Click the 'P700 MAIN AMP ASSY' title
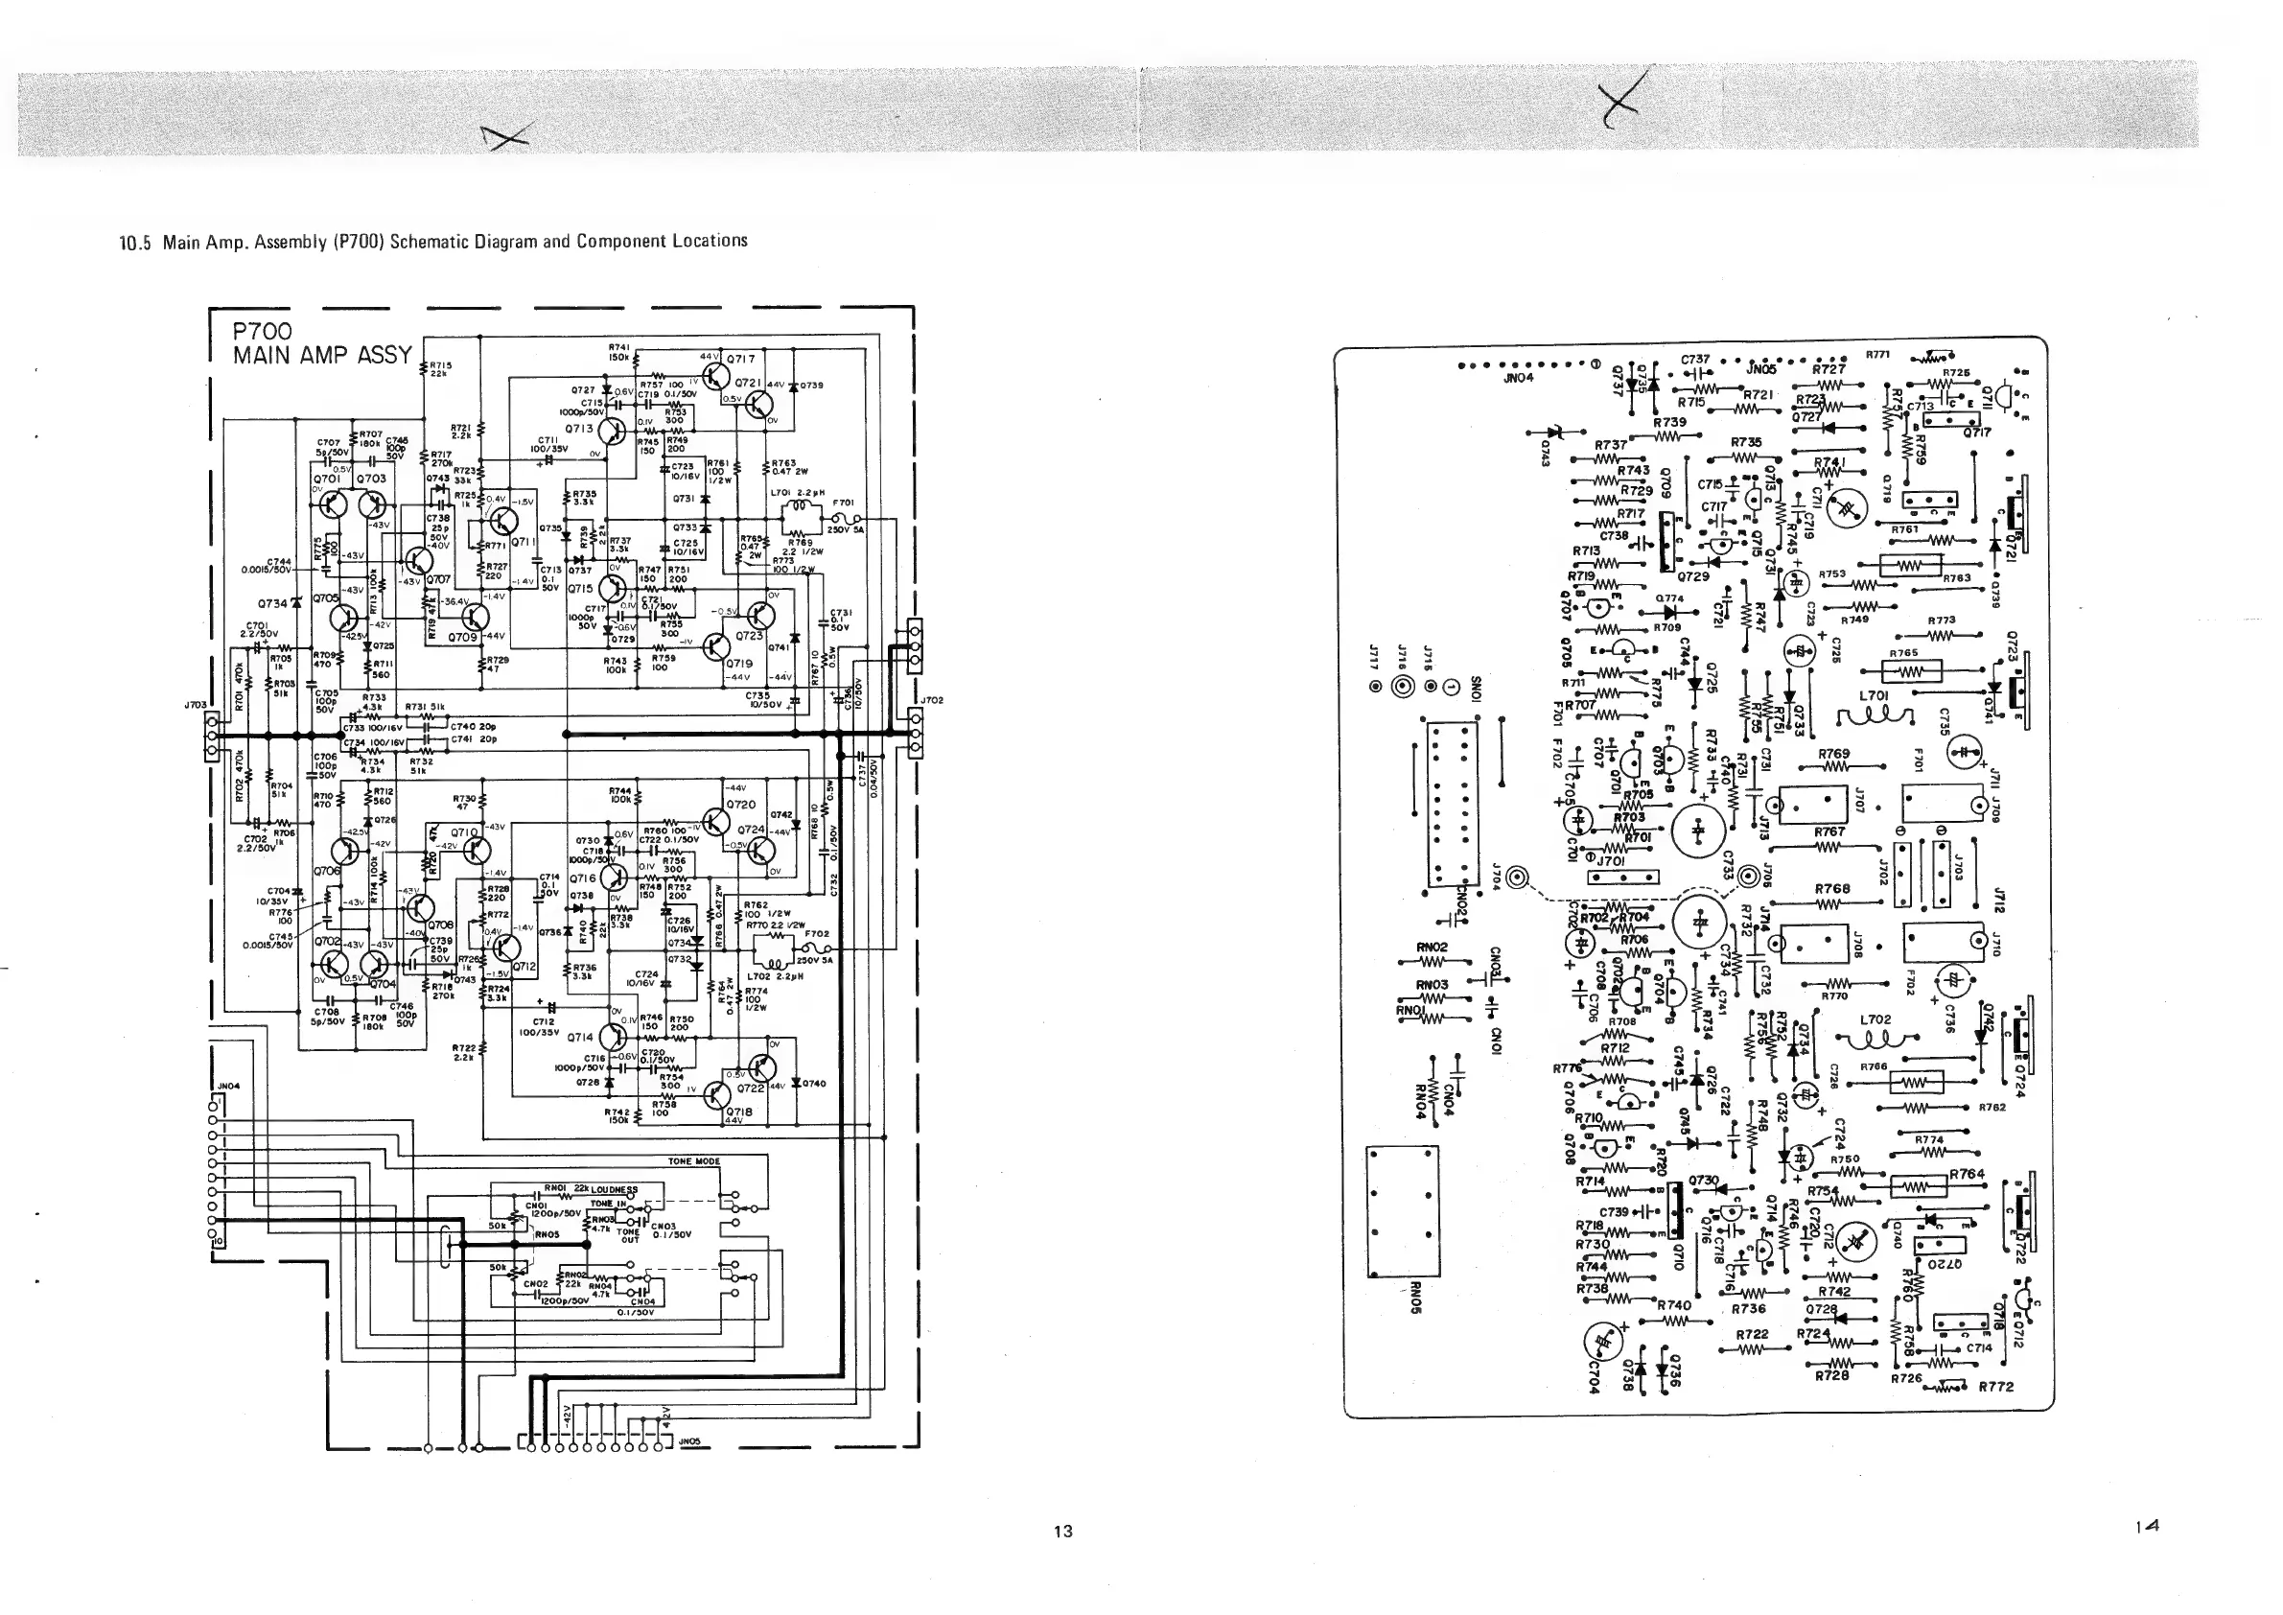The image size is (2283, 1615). click(321, 343)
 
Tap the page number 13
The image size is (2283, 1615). click(1063, 1532)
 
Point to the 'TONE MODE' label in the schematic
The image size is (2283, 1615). click(693, 1161)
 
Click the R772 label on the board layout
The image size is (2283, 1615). click(1995, 1387)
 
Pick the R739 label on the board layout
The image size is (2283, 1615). click(1669, 422)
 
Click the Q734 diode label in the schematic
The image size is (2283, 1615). click(271, 602)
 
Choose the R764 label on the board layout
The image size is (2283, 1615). click(1967, 1174)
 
